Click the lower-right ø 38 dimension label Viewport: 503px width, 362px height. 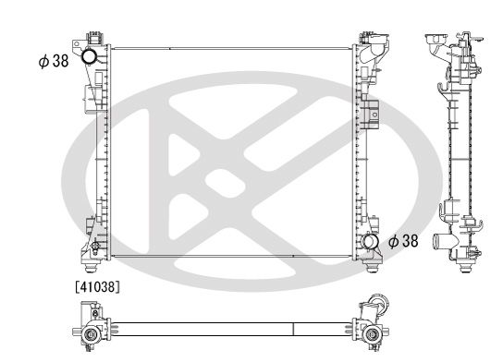point(405,241)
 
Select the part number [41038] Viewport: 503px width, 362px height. point(97,287)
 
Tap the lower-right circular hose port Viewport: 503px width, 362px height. point(372,243)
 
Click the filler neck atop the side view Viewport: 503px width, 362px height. point(434,42)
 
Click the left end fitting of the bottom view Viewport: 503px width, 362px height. point(91,332)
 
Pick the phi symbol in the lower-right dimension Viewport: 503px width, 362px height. point(393,241)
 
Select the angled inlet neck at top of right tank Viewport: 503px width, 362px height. point(374,52)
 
